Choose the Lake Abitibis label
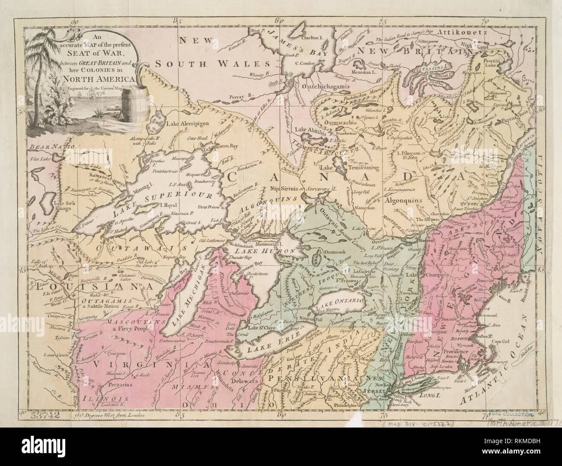311,129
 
